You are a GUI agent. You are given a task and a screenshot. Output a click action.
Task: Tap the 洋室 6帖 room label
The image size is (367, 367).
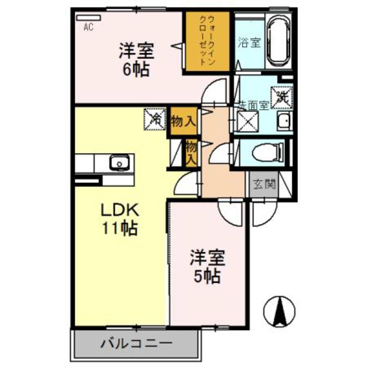136,60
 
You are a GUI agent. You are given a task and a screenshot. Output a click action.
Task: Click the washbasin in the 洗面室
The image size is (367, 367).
283,122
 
